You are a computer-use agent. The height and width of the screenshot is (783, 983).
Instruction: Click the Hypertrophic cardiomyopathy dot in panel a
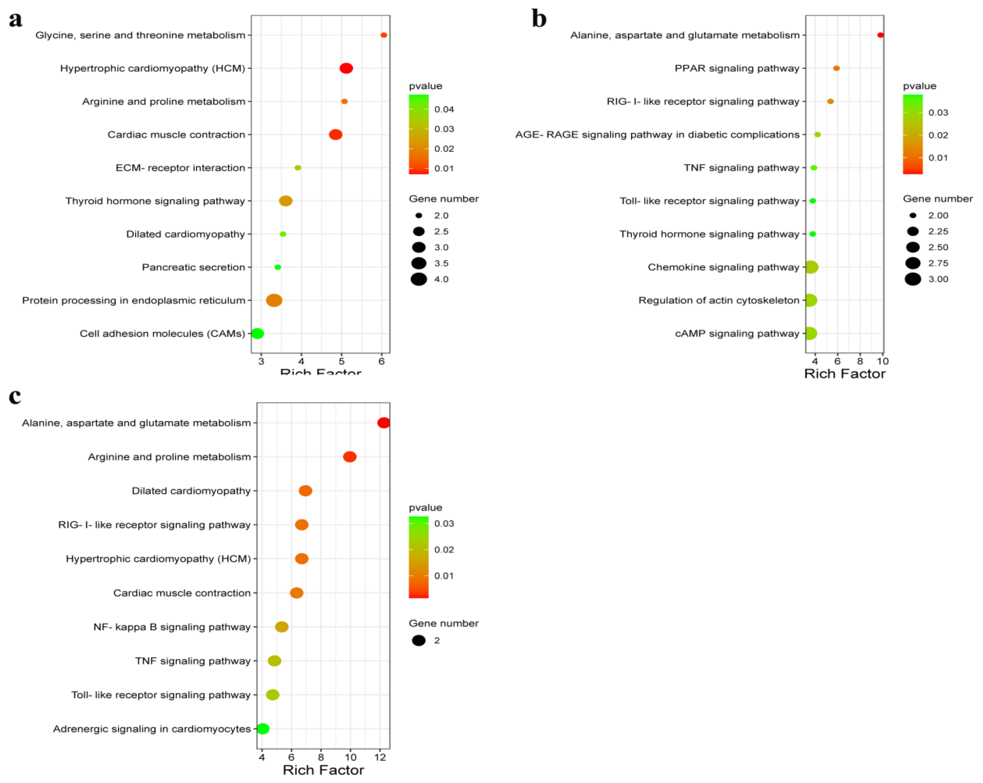click(x=346, y=68)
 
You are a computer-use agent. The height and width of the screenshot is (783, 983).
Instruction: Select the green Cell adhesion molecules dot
click(x=258, y=334)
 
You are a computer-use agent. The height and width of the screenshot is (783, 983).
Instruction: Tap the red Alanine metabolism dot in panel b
click(x=881, y=35)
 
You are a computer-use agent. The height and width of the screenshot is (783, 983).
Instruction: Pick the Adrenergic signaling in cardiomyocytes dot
click(x=263, y=729)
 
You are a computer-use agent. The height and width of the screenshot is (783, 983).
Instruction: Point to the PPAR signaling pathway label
click(x=737, y=68)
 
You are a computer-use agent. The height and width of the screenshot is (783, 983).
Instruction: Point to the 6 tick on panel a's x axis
click(x=382, y=361)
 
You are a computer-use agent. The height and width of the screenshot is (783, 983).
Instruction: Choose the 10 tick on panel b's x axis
click(x=883, y=361)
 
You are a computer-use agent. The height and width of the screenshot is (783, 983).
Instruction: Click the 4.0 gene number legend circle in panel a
click(x=419, y=279)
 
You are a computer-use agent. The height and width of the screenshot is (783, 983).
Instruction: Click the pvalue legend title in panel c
click(x=425, y=508)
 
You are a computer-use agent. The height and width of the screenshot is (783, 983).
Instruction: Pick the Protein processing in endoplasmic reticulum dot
click(x=274, y=300)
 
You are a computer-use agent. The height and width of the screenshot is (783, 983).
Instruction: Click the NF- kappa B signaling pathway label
click(x=172, y=627)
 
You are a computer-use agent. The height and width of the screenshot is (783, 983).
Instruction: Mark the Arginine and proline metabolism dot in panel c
click(x=350, y=457)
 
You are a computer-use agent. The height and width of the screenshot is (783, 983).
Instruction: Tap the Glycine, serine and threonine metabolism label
click(x=140, y=35)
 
